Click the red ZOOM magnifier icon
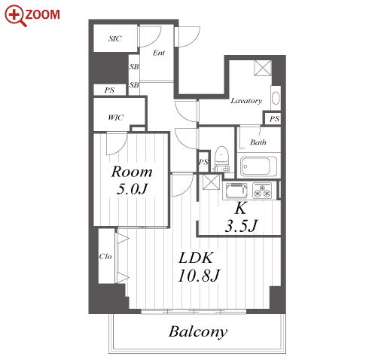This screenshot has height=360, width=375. pos(15,15)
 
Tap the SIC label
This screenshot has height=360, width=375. pos(115,38)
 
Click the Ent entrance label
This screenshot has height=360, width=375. pos(159,53)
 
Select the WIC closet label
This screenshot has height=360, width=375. pos(116,117)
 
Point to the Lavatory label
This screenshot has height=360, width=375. pos(246,101)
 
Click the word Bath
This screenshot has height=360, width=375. pos(258,142)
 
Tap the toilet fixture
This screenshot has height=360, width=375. pos(221,159)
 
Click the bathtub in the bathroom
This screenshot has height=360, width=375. pos(258,166)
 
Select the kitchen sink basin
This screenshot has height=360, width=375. pos(236,191)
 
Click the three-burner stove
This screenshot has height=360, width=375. pos(262,191)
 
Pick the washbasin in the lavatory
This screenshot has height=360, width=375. pos(276,98)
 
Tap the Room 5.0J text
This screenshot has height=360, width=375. pos(132,180)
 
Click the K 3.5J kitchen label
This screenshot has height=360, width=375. pos(241,217)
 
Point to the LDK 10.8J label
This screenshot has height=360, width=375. pos(199,267)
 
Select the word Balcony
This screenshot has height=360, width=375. pos(198,332)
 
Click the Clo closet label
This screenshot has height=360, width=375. pos(105,256)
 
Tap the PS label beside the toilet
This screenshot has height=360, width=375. pos(203,162)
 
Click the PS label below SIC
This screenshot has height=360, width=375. pos(109,90)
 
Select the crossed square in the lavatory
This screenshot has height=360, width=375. pos(263,68)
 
